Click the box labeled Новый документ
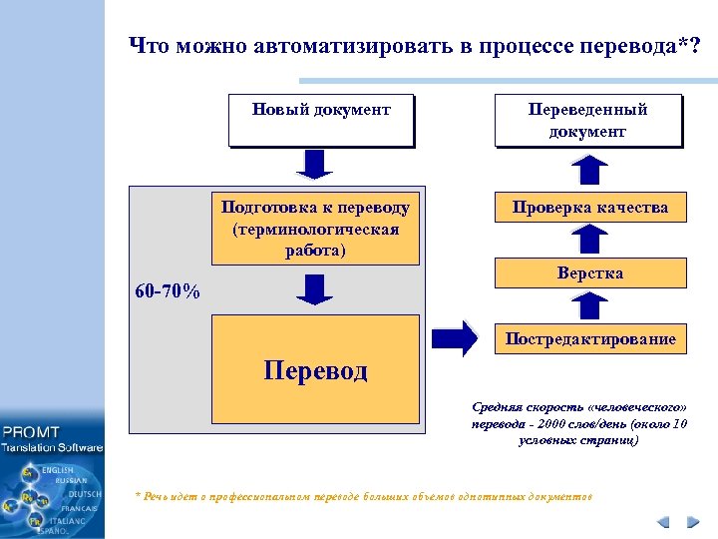[x=320, y=120]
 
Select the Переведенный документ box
[x=588, y=120]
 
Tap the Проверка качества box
[x=590, y=207]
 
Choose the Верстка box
[x=590, y=272]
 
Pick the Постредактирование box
[x=590, y=339]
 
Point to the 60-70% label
[x=168, y=292]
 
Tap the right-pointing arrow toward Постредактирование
[x=456, y=338]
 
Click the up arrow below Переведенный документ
[x=590, y=170]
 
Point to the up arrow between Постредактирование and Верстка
[x=590, y=305]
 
